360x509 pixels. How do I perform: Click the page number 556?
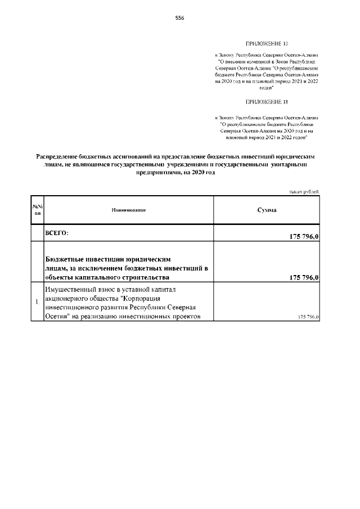[180, 18]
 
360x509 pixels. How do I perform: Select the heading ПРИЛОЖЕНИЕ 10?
[267, 43]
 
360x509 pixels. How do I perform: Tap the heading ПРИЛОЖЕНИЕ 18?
[267, 102]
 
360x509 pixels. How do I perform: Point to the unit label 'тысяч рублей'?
[304, 191]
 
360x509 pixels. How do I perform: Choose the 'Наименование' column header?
[129, 210]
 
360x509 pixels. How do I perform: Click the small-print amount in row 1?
[308, 318]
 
